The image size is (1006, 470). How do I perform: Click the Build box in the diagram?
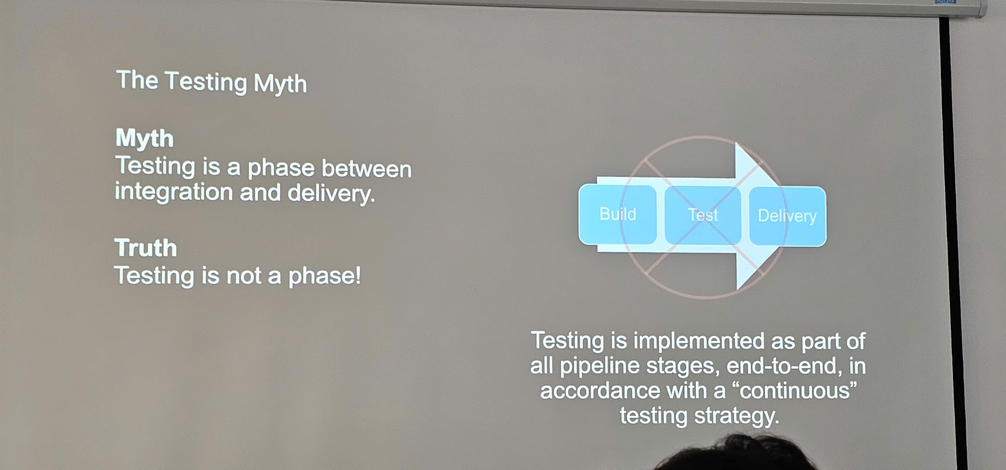coord(617,214)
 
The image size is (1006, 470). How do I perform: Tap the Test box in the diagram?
coord(703,215)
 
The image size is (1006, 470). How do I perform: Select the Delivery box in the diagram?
coord(787,216)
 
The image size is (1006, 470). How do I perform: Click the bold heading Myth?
coord(144,139)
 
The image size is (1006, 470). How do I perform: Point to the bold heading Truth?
coord(146,248)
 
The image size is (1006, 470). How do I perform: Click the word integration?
coord(174,192)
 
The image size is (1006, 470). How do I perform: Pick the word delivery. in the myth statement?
coord(331,194)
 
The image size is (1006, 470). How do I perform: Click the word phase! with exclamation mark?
coord(325,276)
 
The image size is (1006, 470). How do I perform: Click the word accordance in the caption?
coord(600,391)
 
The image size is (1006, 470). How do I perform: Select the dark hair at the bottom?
coord(739,456)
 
